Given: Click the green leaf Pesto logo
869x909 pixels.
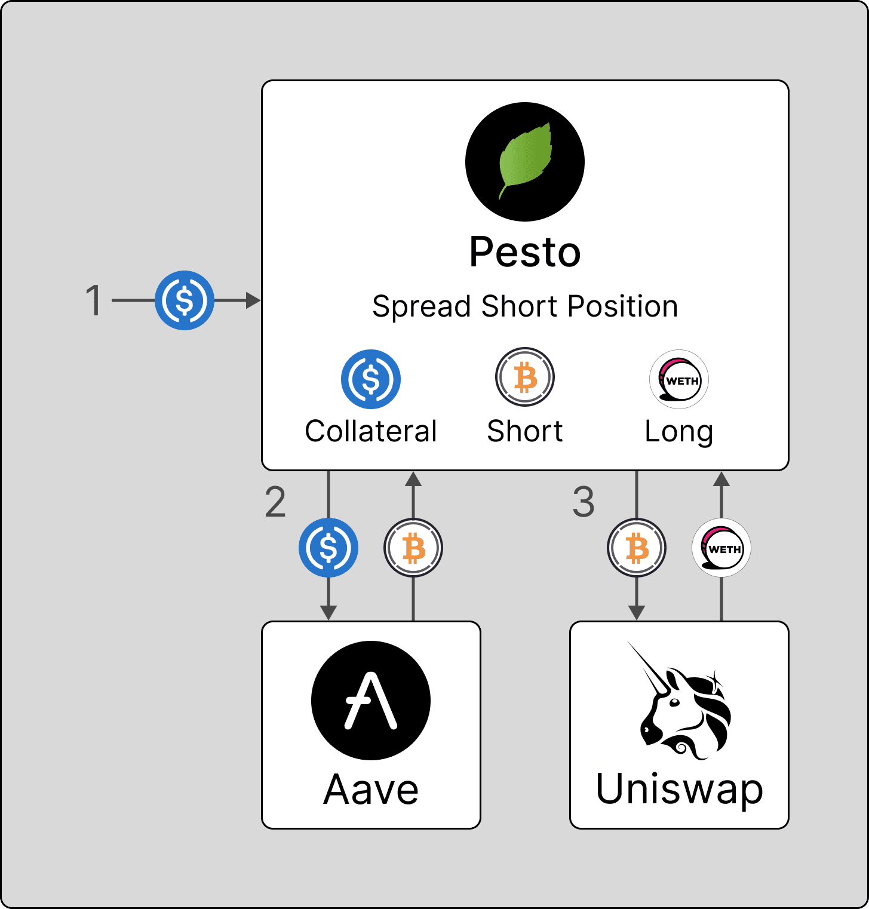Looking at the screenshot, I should click(x=524, y=162).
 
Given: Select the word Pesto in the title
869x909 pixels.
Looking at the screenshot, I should click(x=524, y=252).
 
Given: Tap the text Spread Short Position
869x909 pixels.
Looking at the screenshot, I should click(x=525, y=306).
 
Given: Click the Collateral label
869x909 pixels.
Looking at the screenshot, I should click(x=371, y=431).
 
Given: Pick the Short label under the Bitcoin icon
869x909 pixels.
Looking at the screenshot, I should click(x=525, y=431).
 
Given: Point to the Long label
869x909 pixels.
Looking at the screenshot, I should click(x=679, y=431).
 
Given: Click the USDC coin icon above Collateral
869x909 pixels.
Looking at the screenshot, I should click(x=371, y=379).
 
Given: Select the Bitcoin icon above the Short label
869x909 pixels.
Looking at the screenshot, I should click(x=525, y=377).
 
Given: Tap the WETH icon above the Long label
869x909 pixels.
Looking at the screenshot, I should click(x=679, y=379).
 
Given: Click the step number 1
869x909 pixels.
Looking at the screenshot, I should click(x=94, y=300).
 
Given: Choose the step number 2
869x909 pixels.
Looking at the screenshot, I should click(x=275, y=502).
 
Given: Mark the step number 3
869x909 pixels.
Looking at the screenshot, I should click(x=584, y=502).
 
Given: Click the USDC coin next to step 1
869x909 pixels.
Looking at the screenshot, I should click(x=185, y=300).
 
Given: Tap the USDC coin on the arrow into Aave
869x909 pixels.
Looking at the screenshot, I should click(x=328, y=548).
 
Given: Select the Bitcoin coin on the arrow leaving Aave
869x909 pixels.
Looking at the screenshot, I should click(x=413, y=548).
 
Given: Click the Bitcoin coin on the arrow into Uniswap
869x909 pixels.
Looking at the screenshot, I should click(x=637, y=548).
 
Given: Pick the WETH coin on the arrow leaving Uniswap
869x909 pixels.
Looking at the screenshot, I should click(x=721, y=548).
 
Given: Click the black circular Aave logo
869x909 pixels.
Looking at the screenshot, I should click(x=371, y=701).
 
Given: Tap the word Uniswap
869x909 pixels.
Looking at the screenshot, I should click(x=680, y=790).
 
